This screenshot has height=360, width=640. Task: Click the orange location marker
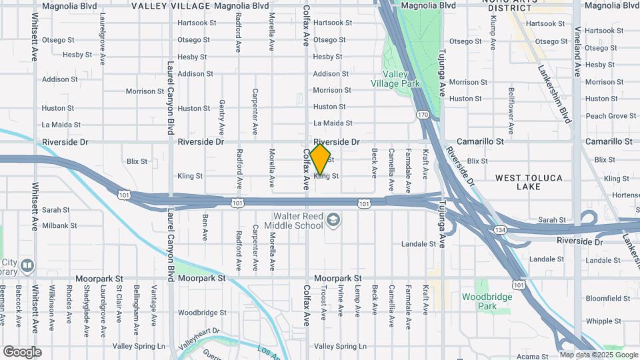pyautogui.click(x=320, y=159)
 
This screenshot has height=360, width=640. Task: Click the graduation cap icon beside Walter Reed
pyautogui.click(x=332, y=219)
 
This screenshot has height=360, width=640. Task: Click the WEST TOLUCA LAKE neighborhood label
pyautogui.click(x=529, y=182)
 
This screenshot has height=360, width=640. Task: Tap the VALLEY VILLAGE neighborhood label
pyautogui.click(x=171, y=6)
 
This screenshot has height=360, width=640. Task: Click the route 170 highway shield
pyautogui.click(x=423, y=115)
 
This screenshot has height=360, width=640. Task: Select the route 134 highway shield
pyautogui.click(x=500, y=229)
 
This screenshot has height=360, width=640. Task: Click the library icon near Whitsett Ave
pyautogui.click(x=27, y=266)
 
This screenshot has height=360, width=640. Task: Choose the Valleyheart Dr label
pyautogui.click(x=199, y=334)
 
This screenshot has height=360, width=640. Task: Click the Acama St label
pyautogui.click(x=531, y=357)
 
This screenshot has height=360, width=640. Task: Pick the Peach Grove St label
pyautogui.click(x=611, y=116)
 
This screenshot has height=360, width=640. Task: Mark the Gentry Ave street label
pyautogui.click(x=222, y=118)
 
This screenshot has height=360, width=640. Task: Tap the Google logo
pyautogui.click(x=22, y=352)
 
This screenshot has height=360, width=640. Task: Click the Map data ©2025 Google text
pyautogui.click(x=599, y=355)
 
